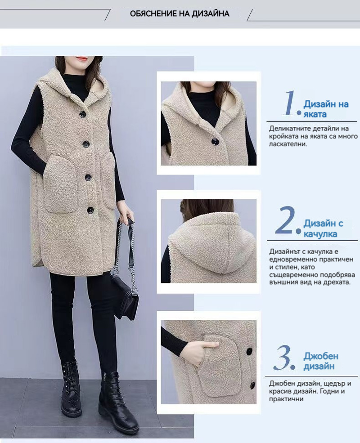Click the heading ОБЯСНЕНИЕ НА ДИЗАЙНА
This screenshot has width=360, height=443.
[x=180, y=13]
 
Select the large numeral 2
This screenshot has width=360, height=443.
[x=285, y=220]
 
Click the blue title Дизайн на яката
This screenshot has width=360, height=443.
[x=326, y=109]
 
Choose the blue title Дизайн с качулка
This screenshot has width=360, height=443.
[x=323, y=228]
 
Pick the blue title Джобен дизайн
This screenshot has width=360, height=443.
[x=321, y=361]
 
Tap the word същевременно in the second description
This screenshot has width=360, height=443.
[x=291, y=275]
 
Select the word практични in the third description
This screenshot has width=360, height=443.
[x=286, y=399]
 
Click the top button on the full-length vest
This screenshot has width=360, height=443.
[x=83, y=114]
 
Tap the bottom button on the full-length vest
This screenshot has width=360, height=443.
[x=90, y=210]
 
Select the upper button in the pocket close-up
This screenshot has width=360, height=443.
[x=249, y=351]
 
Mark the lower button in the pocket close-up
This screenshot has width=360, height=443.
[x=252, y=385]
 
